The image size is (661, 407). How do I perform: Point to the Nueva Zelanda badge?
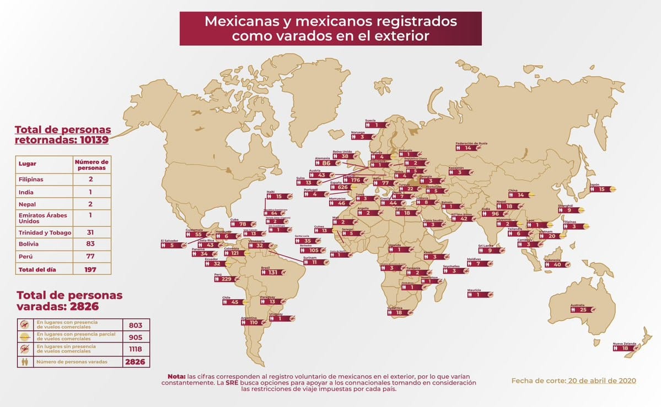pyautogui.click(x=625, y=348)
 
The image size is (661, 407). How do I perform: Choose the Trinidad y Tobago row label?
pyautogui.click(x=45, y=232)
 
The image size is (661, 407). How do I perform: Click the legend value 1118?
pyautogui.click(x=135, y=349)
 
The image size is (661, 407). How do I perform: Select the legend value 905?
pyautogui.click(x=135, y=337)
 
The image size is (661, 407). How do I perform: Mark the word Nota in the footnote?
pyautogui.click(x=176, y=376)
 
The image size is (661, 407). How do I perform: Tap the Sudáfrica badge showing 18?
pyautogui.click(x=399, y=313)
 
